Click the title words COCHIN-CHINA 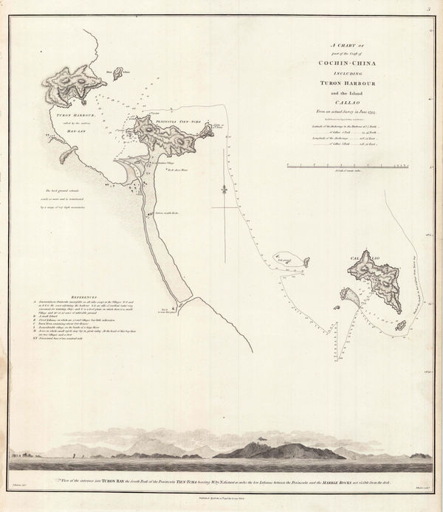pyautogui.click(x=345, y=63)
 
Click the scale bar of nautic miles pyautogui.click(x=347, y=167)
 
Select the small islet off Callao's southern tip pyautogui.click(x=401, y=325)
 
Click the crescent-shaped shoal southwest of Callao pyautogui.click(x=350, y=298)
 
